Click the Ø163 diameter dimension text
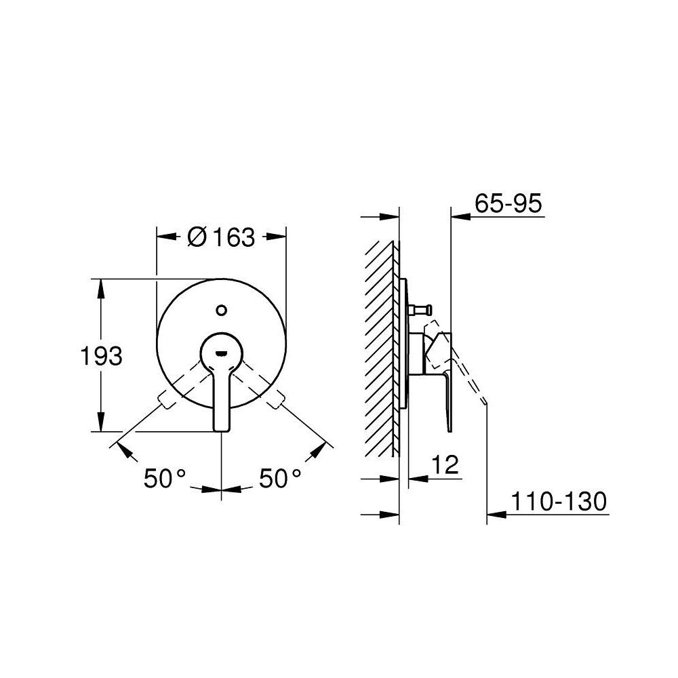220,237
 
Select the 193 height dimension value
101,356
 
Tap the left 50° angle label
164,479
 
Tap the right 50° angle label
280,479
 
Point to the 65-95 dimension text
509,203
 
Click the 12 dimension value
445,465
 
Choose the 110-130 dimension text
558,502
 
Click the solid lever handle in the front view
222,400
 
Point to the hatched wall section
380,346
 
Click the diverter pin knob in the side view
422,309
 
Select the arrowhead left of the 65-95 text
460,216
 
